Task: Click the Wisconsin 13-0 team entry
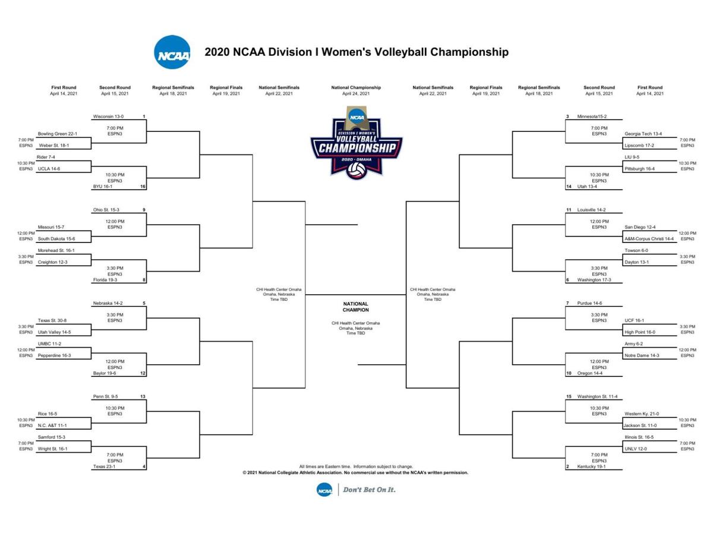[108, 117]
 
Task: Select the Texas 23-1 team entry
[104, 467]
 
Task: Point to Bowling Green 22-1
[57, 134]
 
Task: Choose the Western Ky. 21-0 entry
[642, 414]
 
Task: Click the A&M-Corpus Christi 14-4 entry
[649, 239]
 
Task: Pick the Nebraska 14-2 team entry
[108, 303]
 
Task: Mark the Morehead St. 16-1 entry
[56, 250]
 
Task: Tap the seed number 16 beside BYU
[143, 187]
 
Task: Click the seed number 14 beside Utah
[568, 187]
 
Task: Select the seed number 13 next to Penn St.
[143, 396]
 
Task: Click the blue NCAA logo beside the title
[172, 52]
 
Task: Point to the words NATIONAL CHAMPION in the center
[355, 307]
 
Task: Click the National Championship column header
[356, 87]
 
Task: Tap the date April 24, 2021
[356, 94]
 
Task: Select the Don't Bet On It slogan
[369, 490]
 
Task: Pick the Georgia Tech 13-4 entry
[643, 134]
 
